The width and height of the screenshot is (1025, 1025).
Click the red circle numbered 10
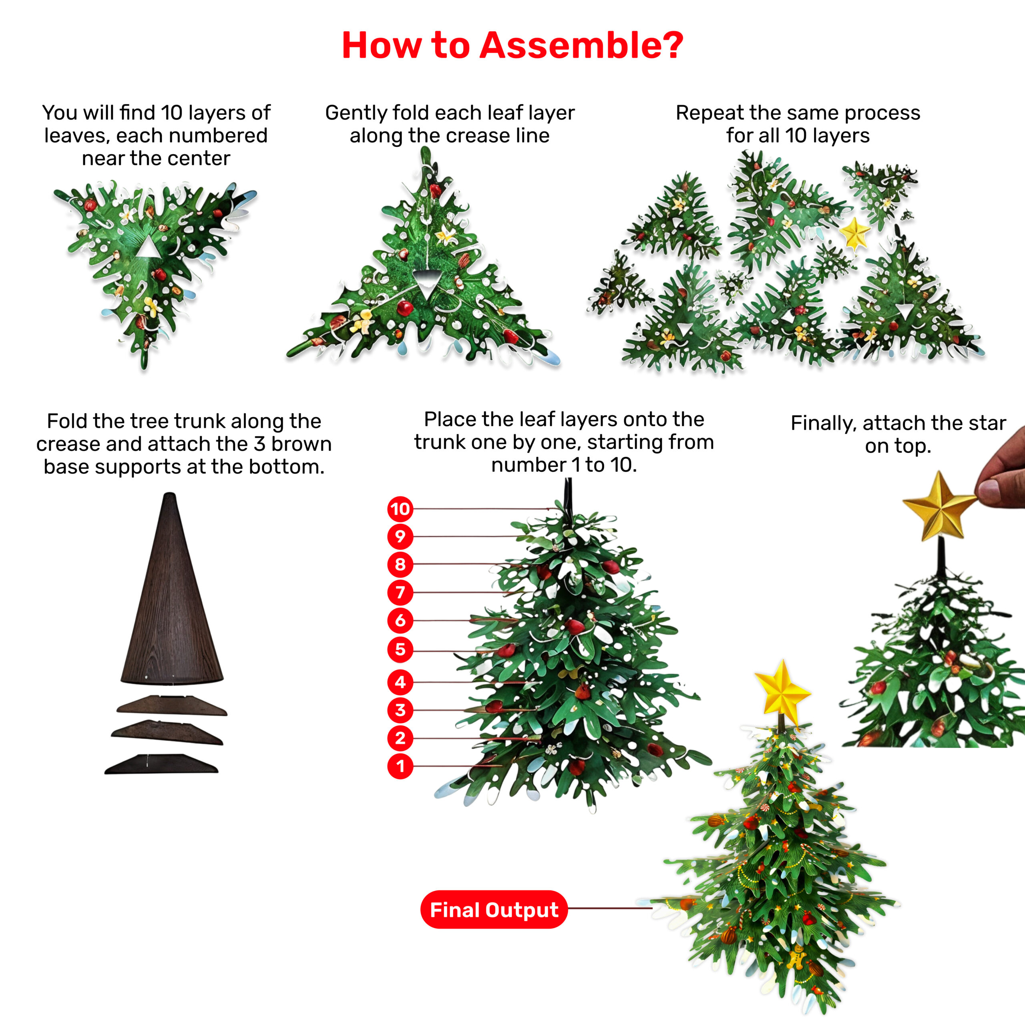pos(400,509)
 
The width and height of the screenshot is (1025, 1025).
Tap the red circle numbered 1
pos(400,766)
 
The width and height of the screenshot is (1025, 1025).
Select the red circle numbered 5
pos(400,649)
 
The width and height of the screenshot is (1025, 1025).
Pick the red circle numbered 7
pos(400,592)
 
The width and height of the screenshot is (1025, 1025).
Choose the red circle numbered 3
pos(400,710)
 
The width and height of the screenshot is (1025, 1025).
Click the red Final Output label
pos(494,910)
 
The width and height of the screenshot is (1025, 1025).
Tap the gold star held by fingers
pos(939,506)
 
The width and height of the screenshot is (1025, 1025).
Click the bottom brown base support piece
pos(161,764)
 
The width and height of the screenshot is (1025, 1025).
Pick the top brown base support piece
pos(172,705)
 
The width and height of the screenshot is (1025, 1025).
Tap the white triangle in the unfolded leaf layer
pos(148,248)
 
